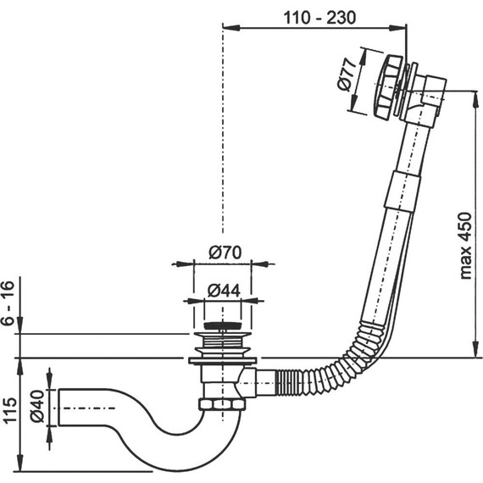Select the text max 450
[x=465, y=246]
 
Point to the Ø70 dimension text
[x=225, y=251]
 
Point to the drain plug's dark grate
[x=222, y=325]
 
